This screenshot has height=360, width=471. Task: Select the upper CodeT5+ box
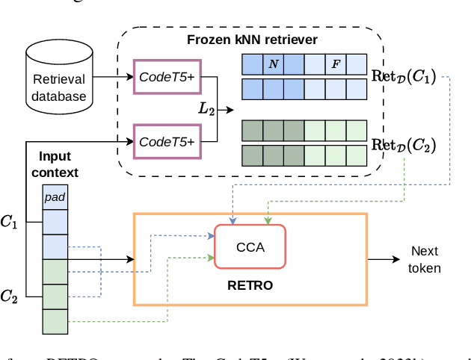pos(167,76)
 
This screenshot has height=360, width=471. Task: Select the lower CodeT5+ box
pos(167,140)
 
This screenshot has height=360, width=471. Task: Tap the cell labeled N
pos(273,65)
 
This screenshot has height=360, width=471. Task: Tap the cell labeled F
pos(336,65)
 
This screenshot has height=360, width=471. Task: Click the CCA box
pos(250,246)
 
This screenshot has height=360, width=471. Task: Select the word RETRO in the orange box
pos(249,285)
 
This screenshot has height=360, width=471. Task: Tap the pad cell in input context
pos(54,197)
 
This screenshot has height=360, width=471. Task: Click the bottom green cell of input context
pos(54,320)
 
